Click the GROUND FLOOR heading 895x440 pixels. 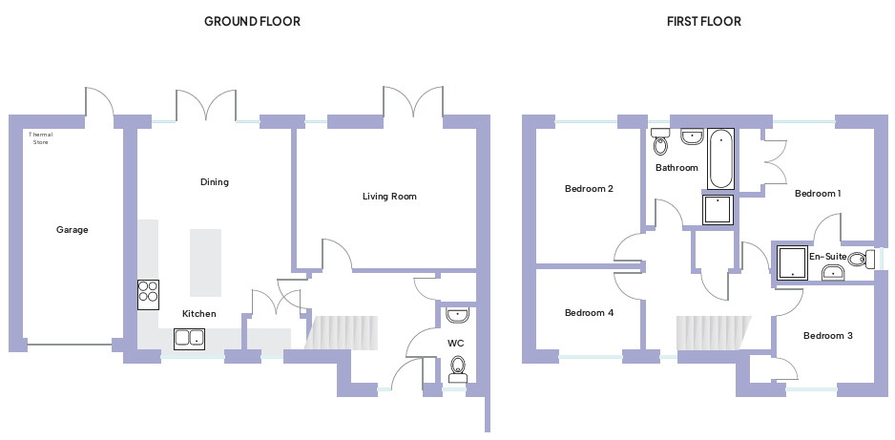pyautogui.click(x=252, y=21)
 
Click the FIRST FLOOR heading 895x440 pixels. pyautogui.click(x=704, y=21)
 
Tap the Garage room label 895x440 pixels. pyautogui.click(x=72, y=230)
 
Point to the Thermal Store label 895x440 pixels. pyautogui.click(x=41, y=138)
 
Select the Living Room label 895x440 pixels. pyautogui.click(x=389, y=197)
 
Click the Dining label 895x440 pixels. pyautogui.click(x=215, y=182)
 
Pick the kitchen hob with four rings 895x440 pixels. pyautogui.click(x=148, y=294)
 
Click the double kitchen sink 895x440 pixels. pyautogui.click(x=189, y=337)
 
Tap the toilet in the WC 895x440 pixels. pyautogui.click(x=458, y=366)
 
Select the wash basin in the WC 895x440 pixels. pyautogui.click(x=457, y=314)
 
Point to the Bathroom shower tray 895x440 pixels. pyautogui.click(x=719, y=210)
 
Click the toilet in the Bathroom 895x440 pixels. pyautogui.click(x=660, y=145)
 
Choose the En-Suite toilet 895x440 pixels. pyautogui.click(x=858, y=259)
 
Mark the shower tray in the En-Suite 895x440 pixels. pyautogui.click(x=792, y=262)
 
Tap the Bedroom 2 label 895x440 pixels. pyautogui.click(x=589, y=189)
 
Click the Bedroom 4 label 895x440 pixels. pyautogui.click(x=589, y=313)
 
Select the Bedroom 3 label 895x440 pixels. pyautogui.click(x=827, y=336)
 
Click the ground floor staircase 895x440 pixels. pyautogui.click(x=343, y=332)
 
